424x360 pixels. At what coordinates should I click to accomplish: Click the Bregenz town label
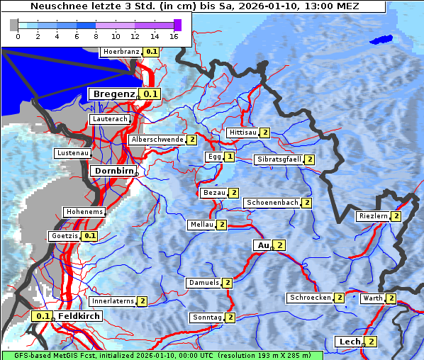click(x=113, y=94)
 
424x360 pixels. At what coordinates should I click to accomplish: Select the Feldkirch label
click(x=74, y=316)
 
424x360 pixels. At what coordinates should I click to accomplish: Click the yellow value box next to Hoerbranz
click(x=152, y=52)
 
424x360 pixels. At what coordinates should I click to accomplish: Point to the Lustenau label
click(x=72, y=153)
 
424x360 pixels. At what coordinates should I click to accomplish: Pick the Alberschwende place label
click(x=157, y=140)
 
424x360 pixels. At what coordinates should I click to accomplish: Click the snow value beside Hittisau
click(x=264, y=133)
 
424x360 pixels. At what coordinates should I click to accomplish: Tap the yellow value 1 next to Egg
click(x=230, y=157)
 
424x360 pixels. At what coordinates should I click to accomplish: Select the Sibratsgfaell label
click(x=279, y=159)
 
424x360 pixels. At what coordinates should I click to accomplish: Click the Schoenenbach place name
click(x=272, y=203)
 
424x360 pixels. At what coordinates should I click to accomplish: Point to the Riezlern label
click(x=373, y=216)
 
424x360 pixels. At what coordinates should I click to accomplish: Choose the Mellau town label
click(x=201, y=225)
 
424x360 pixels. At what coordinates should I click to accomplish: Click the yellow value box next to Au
click(x=279, y=245)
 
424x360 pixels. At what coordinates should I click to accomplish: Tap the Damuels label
click(x=203, y=283)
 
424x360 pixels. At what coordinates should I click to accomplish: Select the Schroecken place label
click(x=310, y=298)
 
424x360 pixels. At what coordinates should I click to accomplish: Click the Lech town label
click(x=350, y=342)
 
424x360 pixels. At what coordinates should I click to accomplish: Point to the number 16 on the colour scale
click(x=174, y=35)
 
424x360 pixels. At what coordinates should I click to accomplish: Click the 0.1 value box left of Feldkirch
click(x=43, y=316)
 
